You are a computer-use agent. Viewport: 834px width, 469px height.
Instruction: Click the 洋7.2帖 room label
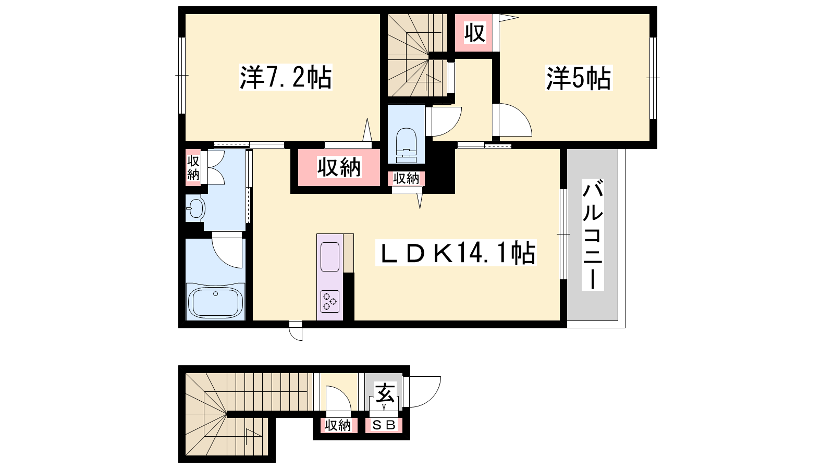coord(286,78)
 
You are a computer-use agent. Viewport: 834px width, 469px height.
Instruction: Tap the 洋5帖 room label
coord(579,78)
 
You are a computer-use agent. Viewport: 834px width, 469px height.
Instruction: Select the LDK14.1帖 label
coord(456,253)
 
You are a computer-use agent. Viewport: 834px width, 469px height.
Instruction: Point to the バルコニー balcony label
coord(593,235)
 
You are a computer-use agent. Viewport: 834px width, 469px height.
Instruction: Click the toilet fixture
coord(406,145)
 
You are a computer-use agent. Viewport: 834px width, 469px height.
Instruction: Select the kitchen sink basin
coord(330,257)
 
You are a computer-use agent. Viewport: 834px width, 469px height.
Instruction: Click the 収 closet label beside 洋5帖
coord(475,33)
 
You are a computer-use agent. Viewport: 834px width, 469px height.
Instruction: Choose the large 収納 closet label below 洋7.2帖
coord(339,167)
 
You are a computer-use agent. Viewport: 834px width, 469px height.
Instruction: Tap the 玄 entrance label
coord(385,393)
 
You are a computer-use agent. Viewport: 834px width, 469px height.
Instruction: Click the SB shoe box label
coord(384,425)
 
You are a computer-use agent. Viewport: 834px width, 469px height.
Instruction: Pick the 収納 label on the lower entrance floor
coord(338,425)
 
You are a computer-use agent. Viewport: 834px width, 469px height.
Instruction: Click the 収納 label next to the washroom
coord(193,168)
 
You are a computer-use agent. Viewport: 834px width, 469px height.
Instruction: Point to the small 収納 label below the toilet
coord(406,179)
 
